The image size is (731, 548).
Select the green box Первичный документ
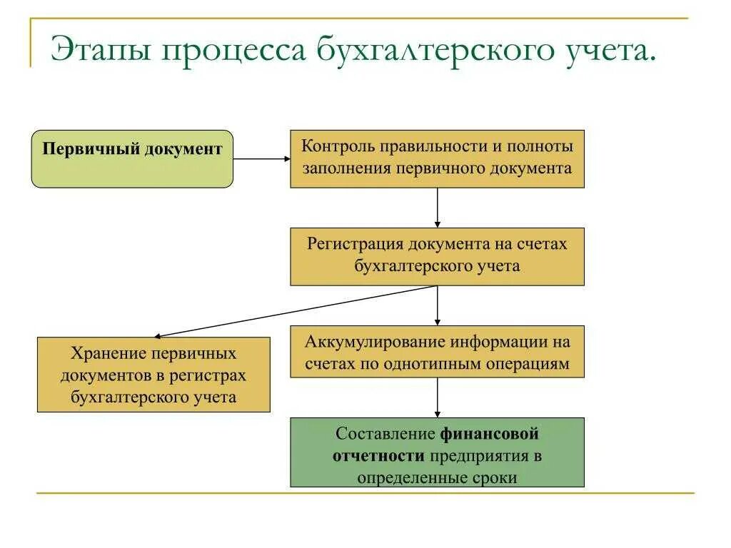click(x=132, y=159)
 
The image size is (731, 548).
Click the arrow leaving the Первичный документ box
click(x=261, y=159)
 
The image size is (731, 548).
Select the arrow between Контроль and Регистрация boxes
click(x=437, y=208)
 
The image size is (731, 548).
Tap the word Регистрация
click(x=356, y=245)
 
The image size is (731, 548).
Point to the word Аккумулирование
click(x=368, y=342)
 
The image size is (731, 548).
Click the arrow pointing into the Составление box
click(x=437, y=397)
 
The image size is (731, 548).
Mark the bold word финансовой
click(x=488, y=434)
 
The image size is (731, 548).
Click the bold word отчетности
click(x=379, y=456)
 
